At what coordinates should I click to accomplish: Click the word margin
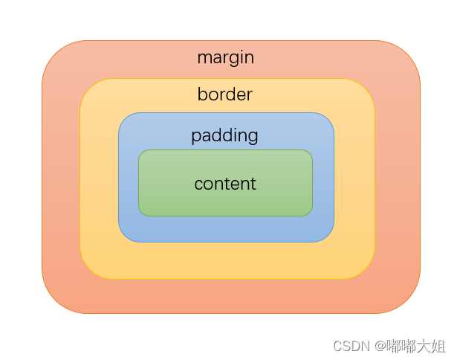point(225,57)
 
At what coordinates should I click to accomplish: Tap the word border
point(224,95)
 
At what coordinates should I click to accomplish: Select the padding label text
point(224,136)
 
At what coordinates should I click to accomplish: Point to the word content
point(225,184)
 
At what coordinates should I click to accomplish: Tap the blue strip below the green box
point(225,229)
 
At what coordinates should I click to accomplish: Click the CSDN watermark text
point(350,346)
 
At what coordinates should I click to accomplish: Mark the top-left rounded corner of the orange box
point(54,53)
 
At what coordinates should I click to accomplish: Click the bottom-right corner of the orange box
point(408,301)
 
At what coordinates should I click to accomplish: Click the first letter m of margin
point(203,58)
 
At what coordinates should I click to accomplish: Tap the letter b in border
point(201,94)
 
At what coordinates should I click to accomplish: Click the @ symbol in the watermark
point(380,347)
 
